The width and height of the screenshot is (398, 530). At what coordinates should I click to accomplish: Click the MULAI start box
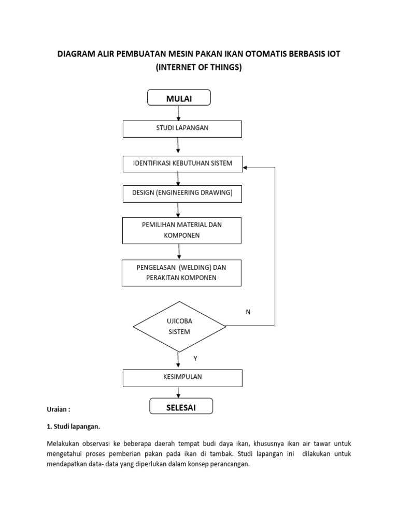click(x=179, y=98)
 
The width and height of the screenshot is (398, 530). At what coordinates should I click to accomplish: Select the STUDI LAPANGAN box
click(x=182, y=128)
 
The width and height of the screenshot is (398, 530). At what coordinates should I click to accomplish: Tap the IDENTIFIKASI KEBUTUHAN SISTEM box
click(x=182, y=164)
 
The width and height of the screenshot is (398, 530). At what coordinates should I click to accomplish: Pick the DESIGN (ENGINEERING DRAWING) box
click(x=182, y=194)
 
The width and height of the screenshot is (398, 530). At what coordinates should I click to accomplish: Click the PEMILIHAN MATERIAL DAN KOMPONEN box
click(x=182, y=230)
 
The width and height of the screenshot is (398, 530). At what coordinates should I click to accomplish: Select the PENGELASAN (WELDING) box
click(x=182, y=273)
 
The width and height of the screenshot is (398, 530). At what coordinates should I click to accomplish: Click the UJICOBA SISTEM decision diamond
click(x=179, y=327)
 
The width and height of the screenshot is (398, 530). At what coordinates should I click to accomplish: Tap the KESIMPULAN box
click(x=182, y=378)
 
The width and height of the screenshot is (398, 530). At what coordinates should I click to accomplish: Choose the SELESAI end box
click(x=181, y=407)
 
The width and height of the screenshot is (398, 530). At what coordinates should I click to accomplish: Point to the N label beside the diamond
click(x=248, y=312)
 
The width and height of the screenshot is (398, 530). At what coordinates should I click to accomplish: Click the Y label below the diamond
click(x=195, y=358)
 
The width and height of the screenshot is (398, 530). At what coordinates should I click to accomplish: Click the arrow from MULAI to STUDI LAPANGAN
click(x=179, y=113)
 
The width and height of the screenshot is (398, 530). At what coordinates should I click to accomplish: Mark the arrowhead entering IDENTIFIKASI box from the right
click(x=246, y=168)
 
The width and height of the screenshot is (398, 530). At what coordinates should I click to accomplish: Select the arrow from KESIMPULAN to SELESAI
click(x=179, y=393)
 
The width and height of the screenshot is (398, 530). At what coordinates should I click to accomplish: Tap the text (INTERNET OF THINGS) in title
click(x=198, y=67)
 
